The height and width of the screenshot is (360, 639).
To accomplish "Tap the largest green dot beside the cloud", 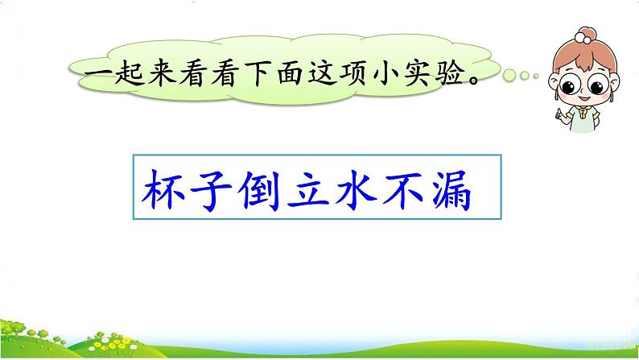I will click(509, 76).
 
